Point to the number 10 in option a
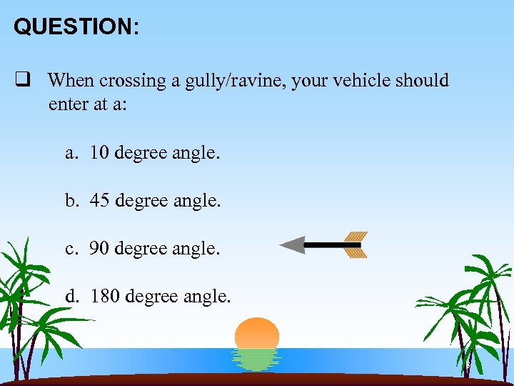99,153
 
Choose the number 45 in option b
99,201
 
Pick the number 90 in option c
99,248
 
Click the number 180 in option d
105,295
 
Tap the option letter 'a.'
71,154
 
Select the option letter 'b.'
72,201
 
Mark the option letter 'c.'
71,249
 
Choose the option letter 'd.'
72,295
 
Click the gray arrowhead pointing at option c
292,245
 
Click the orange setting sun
257,333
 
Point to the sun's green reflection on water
256,360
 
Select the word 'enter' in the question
68,104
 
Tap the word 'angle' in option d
206,296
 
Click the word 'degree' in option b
140,202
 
